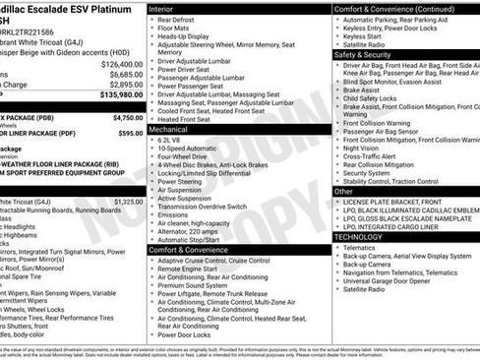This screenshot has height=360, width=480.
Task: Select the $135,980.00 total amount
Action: tap(120, 95)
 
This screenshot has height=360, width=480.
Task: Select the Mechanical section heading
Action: tap(169, 129)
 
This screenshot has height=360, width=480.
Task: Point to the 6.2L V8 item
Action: tap(174, 140)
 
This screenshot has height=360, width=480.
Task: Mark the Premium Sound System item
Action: tap(194, 284)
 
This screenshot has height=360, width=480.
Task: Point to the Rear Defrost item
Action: tap(177, 19)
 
